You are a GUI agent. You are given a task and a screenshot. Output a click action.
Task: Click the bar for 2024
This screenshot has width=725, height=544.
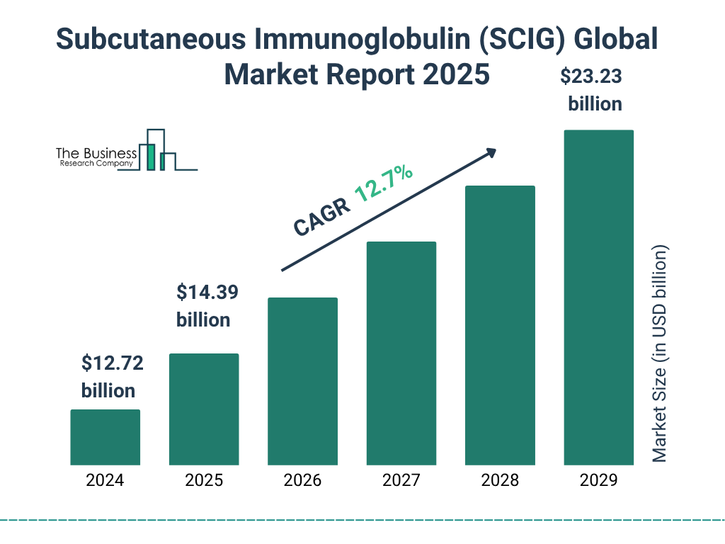(x=105, y=437)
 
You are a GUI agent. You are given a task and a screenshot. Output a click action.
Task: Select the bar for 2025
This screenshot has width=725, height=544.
(x=204, y=409)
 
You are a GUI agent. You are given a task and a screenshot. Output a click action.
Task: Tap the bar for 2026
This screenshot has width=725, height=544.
(x=302, y=381)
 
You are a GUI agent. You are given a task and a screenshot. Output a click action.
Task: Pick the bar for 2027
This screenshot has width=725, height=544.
(x=401, y=353)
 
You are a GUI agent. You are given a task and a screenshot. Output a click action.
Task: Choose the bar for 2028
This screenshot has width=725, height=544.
(x=500, y=325)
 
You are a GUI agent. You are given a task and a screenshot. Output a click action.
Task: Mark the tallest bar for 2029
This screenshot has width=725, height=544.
(x=598, y=297)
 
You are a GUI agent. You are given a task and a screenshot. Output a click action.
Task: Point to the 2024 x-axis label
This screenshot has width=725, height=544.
(x=105, y=480)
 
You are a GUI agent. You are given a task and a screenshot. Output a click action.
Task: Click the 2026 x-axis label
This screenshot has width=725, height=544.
(x=302, y=480)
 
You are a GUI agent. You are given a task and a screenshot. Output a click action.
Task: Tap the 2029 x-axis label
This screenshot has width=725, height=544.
(x=598, y=480)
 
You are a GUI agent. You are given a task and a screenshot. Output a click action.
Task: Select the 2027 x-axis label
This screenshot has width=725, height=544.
(x=401, y=480)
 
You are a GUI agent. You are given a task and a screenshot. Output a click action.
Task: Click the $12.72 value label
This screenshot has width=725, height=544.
(x=112, y=364)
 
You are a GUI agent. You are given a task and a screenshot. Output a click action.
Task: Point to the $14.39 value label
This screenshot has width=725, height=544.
(x=207, y=292)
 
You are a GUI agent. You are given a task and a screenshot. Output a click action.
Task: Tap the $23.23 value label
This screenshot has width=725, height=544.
(x=595, y=76)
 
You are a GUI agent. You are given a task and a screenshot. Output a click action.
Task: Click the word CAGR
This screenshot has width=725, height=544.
(x=321, y=217)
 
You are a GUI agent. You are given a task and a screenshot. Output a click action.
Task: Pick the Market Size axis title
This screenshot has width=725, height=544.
(x=660, y=354)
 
